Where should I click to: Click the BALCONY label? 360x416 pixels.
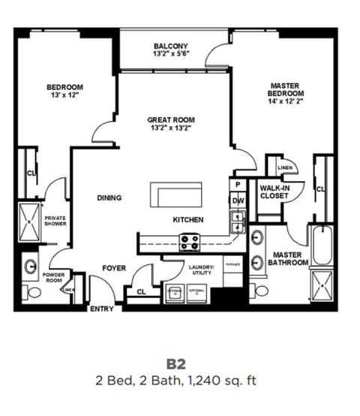[169, 44]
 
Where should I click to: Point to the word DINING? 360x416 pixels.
[109, 198]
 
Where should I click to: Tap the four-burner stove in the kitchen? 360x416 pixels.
[189, 243]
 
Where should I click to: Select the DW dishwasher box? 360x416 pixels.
[238, 200]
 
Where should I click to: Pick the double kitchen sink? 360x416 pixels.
[238, 221]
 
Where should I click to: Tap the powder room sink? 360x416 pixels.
[31, 266]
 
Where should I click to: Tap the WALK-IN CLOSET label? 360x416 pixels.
[274, 191]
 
